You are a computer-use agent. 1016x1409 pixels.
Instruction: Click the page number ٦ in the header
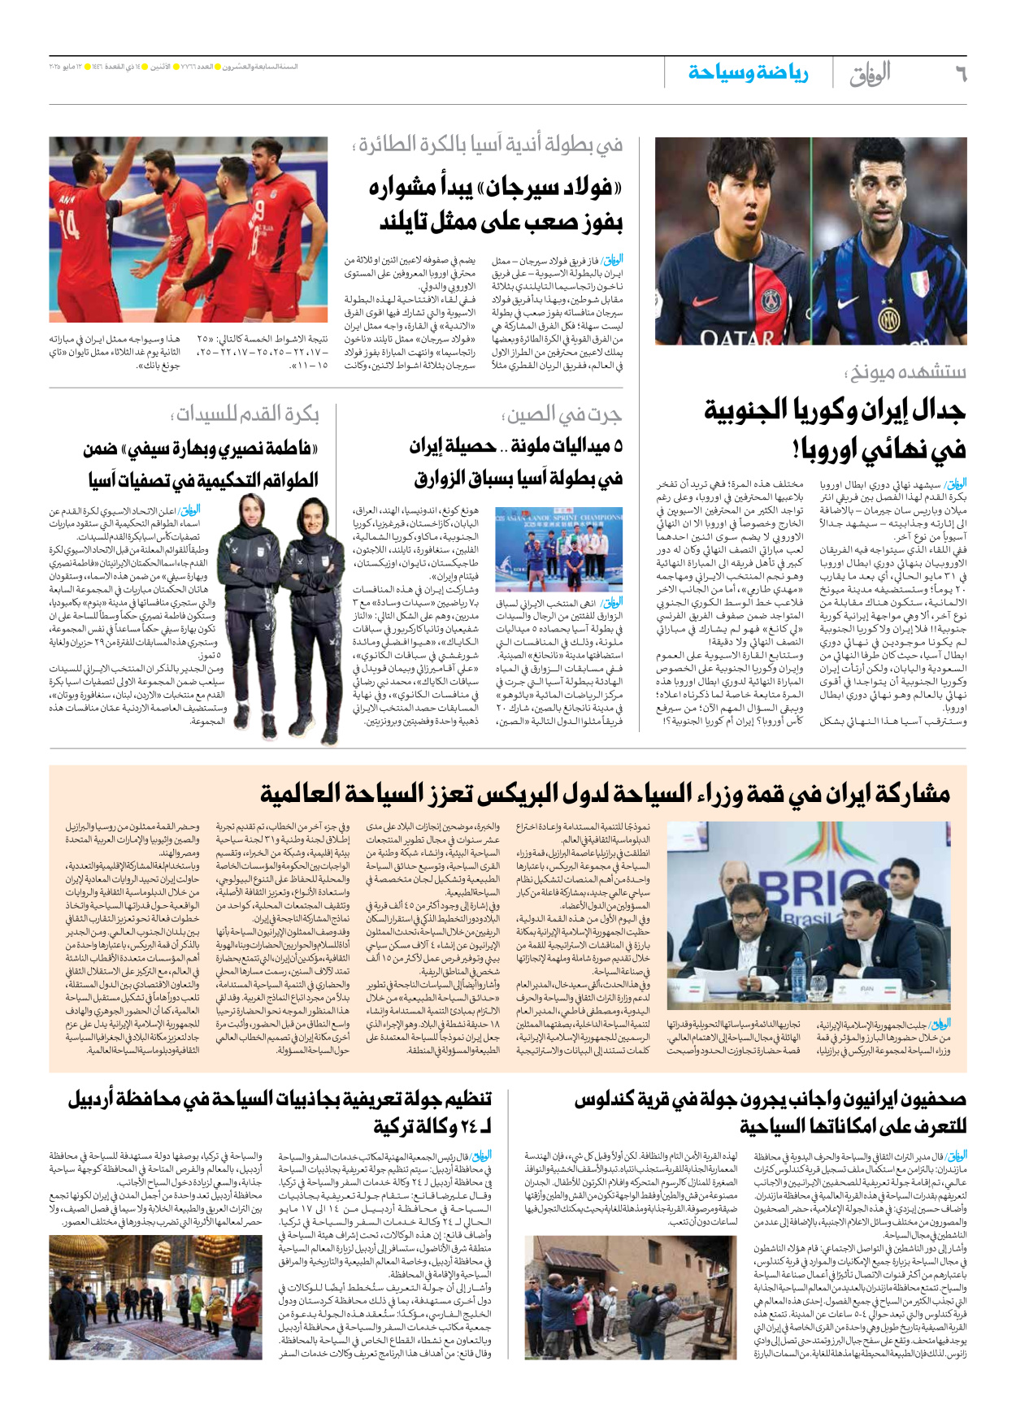tap(960, 74)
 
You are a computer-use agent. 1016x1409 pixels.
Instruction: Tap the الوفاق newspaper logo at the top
tap(869, 74)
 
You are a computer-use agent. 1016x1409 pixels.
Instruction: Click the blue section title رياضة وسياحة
tap(748, 73)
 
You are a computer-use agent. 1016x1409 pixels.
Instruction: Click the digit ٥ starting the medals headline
tap(618, 446)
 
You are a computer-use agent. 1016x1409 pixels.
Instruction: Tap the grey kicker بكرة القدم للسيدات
tap(245, 415)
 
